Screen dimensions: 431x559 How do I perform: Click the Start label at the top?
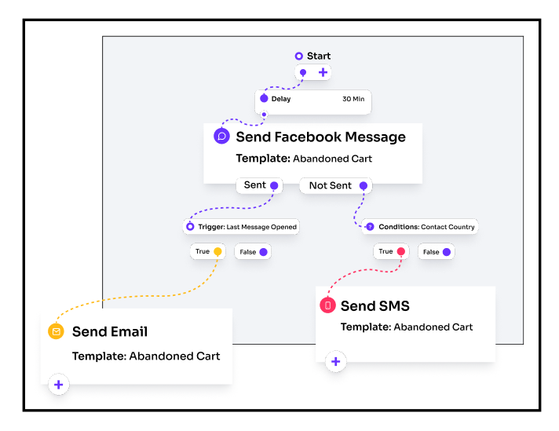click(318, 56)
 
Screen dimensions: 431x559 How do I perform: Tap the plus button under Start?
click(323, 72)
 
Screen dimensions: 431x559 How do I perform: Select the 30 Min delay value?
click(353, 99)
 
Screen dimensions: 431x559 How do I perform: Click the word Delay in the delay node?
click(280, 99)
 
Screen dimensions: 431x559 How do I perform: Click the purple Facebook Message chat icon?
click(221, 136)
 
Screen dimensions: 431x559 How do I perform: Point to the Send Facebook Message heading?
click(320, 137)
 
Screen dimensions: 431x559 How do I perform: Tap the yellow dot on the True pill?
click(218, 252)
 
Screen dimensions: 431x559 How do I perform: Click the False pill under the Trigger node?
click(253, 252)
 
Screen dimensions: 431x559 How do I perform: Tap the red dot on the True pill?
click(401, 252)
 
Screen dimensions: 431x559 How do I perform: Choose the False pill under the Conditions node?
click(436, 252)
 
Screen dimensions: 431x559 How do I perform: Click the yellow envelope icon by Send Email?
click(56, 331)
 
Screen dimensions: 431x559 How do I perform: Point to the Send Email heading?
click(110, 331)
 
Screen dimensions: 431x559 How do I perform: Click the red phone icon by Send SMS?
click(327, 305)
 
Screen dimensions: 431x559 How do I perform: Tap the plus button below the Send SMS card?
click(336, 362)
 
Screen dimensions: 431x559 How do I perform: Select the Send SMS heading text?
click(375, 305)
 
